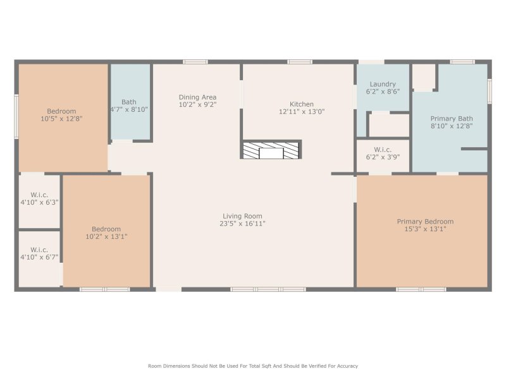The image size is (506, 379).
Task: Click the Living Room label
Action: point(242,216)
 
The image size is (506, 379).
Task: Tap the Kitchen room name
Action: point(302,104)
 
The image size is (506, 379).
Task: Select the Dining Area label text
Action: point(197,97)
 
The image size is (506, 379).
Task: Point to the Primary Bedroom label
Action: point(425,222)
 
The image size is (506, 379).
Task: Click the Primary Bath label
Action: point(451,118)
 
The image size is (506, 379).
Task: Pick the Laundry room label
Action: point(383,84)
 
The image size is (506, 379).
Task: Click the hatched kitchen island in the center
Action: point(271,150)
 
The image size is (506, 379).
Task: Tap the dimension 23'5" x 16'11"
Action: point(242,224)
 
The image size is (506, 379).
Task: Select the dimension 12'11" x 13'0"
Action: point(302,112)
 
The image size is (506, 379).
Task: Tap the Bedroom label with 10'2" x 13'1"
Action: point(106,229)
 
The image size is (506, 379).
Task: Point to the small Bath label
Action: point(129,102)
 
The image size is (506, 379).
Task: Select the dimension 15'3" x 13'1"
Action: point(425,229)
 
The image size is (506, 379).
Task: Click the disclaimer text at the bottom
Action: point(253,366)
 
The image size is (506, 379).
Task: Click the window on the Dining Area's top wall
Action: point(195,62)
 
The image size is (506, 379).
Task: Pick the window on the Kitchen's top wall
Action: point(299,62)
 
